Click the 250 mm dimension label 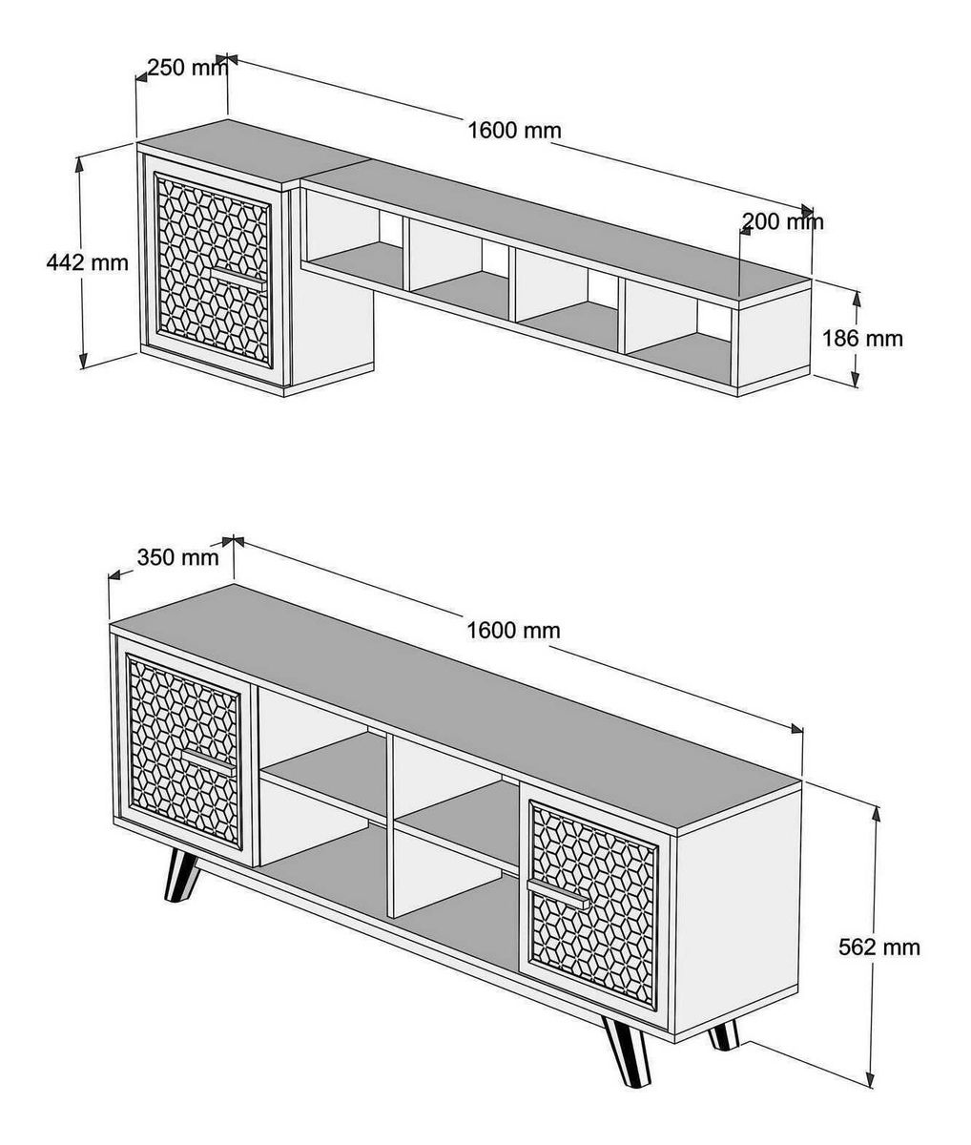tap(187, 68)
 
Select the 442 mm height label tap(87, 262)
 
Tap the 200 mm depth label tap(783, 221)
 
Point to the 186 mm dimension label tap(862, 338)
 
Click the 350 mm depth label tap(177, 557)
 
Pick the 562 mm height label tap(879, 947)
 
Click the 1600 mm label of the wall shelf tap(514, 131)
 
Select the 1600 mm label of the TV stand tap(513, 631)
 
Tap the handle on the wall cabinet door tap(238, 277)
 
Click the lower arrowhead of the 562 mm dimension tap(873, 1091)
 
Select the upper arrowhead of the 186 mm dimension tap(857, 300)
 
